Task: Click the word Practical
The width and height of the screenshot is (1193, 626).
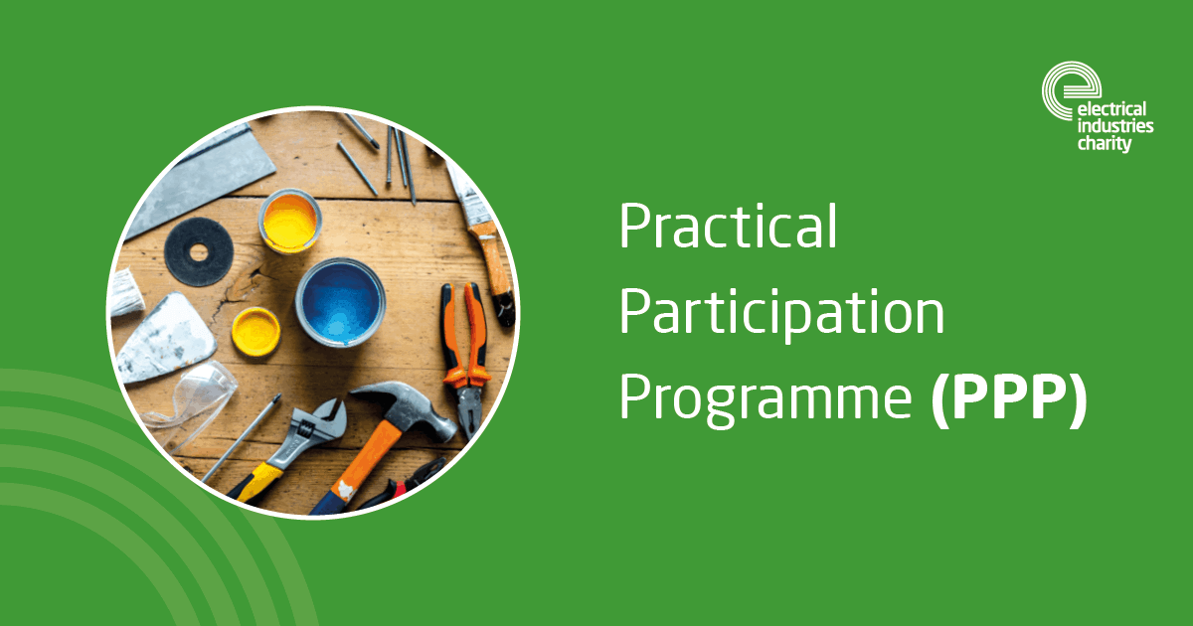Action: pos(728,227)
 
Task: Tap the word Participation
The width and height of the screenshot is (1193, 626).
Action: pos(781,313)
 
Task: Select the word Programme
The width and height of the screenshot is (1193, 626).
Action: pos(766,400)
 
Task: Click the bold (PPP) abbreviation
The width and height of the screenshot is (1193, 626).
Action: pos(1009,399)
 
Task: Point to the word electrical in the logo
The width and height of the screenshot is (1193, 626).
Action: pos(1111,109)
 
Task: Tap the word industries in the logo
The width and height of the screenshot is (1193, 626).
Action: pos(1115,126)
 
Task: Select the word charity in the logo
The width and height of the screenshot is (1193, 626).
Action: pos(1105,144)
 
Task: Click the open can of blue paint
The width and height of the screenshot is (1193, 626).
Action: pos(340,302)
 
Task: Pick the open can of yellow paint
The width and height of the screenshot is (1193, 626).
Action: pos(290,221)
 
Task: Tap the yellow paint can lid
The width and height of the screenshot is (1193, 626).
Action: pos(256,332)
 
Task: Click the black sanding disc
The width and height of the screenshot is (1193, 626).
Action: pos(199,251)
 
